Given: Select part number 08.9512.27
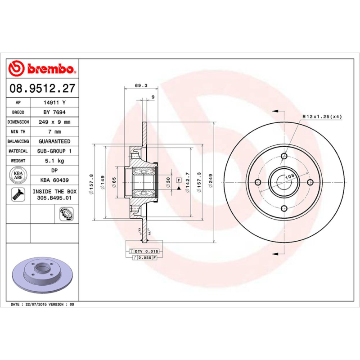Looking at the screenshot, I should [42, 89].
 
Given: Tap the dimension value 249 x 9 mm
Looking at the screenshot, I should [54, 122].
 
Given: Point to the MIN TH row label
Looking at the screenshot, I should [18, 132].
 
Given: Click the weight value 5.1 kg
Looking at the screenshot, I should [54, 161].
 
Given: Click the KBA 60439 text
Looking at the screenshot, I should [54, 180].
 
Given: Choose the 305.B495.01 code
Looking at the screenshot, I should [54, 197].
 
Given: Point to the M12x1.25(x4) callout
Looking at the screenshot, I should [322, 117].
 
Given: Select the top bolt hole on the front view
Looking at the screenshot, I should [284, 156].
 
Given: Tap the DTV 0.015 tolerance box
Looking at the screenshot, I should [143, 251].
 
